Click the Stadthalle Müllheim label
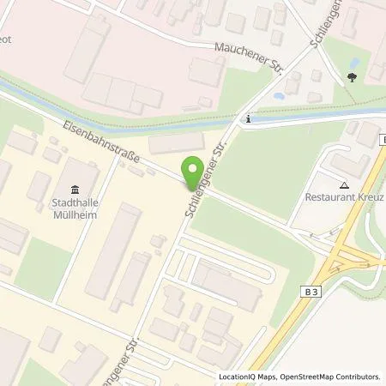[72, 209]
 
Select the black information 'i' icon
[247, 119]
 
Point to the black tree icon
[353, 77]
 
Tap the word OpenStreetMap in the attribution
[307, 377]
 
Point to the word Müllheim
[72, 214]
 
